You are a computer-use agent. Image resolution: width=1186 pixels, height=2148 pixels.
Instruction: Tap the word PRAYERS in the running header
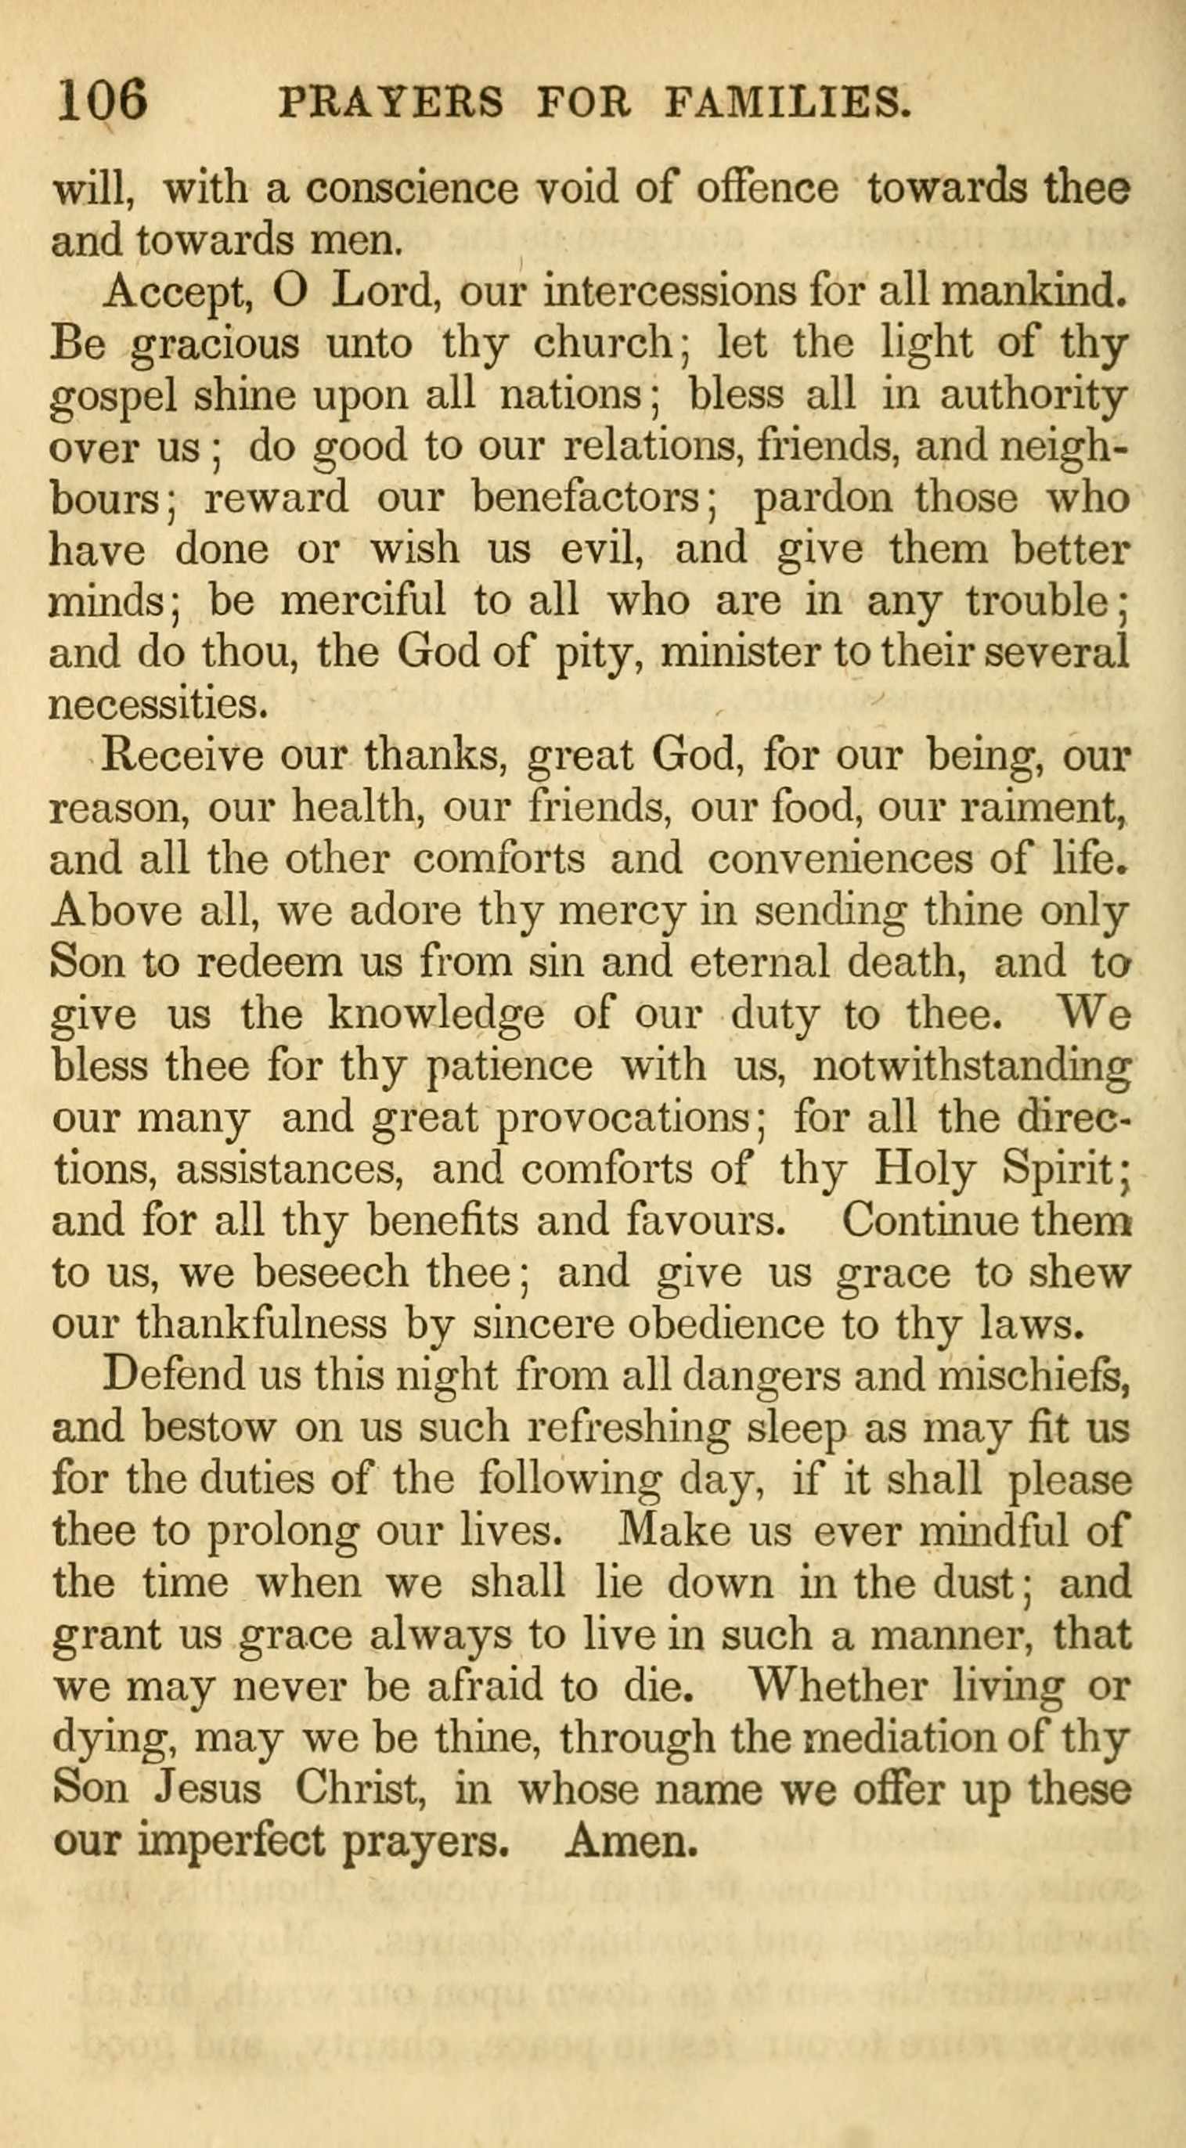pyautogui.click(x=393, y=103)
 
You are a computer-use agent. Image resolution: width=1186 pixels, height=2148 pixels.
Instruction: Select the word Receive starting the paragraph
pyautogui.click(x=183, y=757)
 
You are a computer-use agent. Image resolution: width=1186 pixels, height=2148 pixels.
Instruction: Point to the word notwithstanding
pyautogui.click(x=972, y=1066)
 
